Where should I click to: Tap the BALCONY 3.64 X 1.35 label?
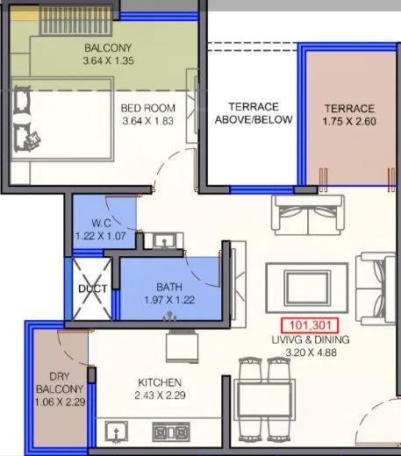coord(109,54)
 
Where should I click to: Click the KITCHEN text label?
coord(159,382)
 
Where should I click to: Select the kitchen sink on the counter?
coord(115,431)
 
